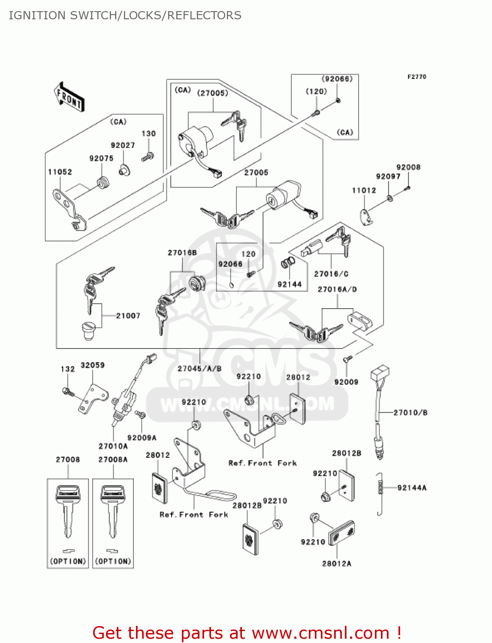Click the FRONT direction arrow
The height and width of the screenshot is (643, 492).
(69, 97)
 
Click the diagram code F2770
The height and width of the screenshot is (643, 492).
(417, 77)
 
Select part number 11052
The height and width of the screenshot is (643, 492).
(60, 172)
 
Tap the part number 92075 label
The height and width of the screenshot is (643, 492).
(101, 158)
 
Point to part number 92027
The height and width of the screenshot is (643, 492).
(123, 145)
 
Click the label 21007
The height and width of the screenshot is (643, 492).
(128, 315)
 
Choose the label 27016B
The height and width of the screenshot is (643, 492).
(182, 252)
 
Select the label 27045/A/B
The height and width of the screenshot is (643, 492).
(199, 368)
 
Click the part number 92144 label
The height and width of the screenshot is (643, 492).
(290, 284)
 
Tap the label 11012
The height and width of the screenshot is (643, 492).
(364, 190)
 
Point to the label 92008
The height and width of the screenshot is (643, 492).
(408, 167)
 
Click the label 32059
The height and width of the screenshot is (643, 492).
(93, 365)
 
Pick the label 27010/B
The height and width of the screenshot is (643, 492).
(411, 412)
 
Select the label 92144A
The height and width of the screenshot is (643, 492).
(412, 487)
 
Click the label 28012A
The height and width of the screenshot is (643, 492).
(337, 563)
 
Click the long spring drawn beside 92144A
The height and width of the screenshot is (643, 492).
(380, 494)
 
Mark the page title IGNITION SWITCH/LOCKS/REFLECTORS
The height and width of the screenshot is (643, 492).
(125, 15)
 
